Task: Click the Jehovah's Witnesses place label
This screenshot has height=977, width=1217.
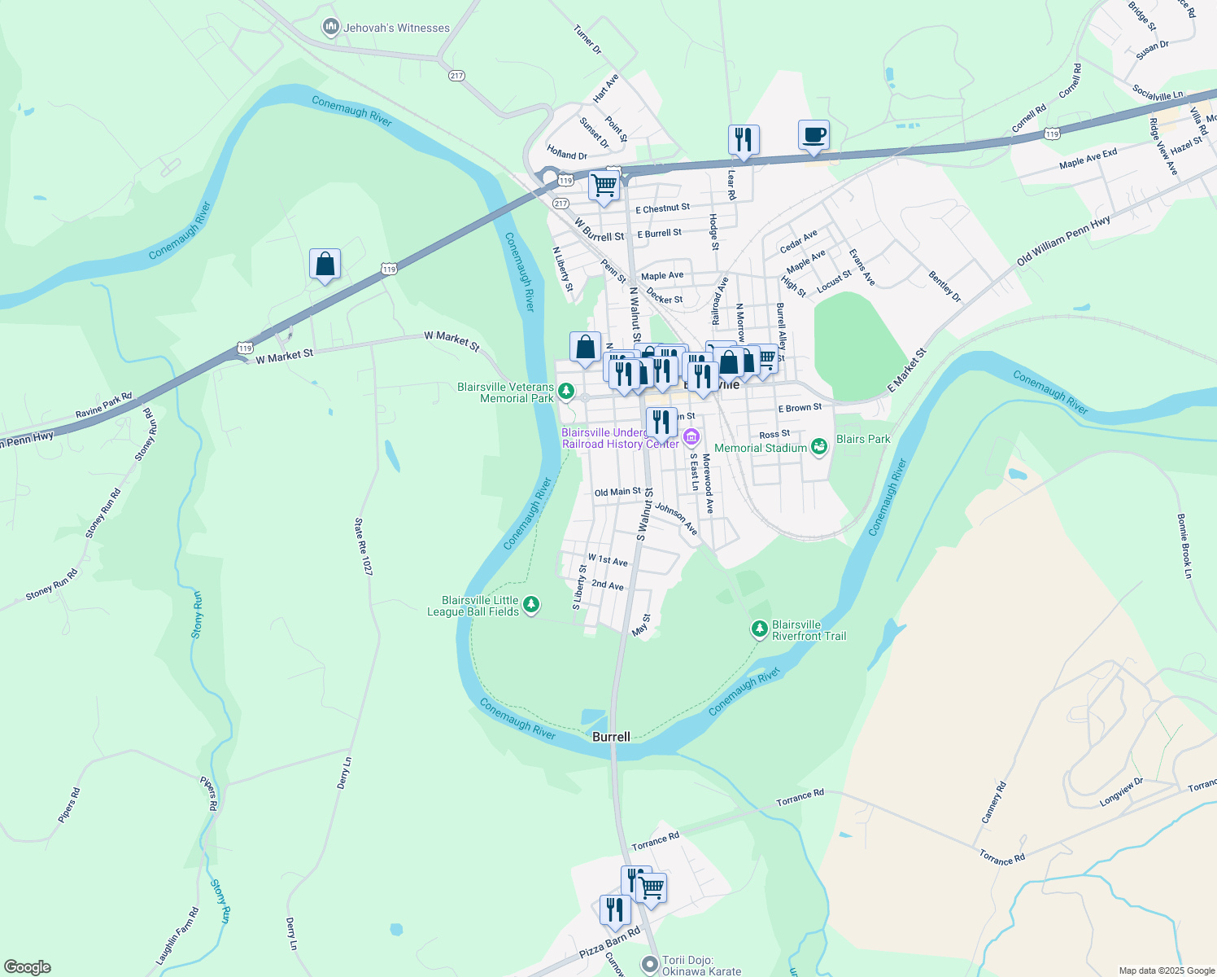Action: click(396, 28)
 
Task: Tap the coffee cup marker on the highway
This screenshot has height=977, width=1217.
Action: click(814, 135)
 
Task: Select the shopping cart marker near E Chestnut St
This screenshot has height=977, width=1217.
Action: click(604, 186)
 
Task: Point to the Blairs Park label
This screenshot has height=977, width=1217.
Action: click(863, 439)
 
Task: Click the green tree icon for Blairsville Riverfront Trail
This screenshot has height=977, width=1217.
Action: click(759, 629)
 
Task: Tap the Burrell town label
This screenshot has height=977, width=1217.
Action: click(611, 737)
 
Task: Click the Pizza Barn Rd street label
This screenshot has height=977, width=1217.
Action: click(609, 942)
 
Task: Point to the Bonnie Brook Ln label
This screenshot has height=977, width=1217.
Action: click(1184, 545)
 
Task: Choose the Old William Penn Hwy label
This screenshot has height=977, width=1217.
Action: click(1063, 241)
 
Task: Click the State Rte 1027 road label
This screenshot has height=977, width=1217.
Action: click(363, 547)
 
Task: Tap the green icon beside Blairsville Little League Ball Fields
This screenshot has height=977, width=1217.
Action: click(531, 604)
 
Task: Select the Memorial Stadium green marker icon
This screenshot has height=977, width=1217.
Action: click(819, 446)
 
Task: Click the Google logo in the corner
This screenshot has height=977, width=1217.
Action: click(28, 967)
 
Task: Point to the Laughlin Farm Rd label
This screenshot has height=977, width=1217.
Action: click(177, 936)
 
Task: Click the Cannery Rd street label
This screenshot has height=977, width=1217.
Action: click(994, 803)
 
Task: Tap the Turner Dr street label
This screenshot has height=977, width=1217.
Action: click(587, 40)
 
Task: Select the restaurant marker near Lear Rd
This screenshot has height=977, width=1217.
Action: click(744, 140)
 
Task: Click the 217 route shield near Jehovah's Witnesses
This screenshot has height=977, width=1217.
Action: click(456, 76)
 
